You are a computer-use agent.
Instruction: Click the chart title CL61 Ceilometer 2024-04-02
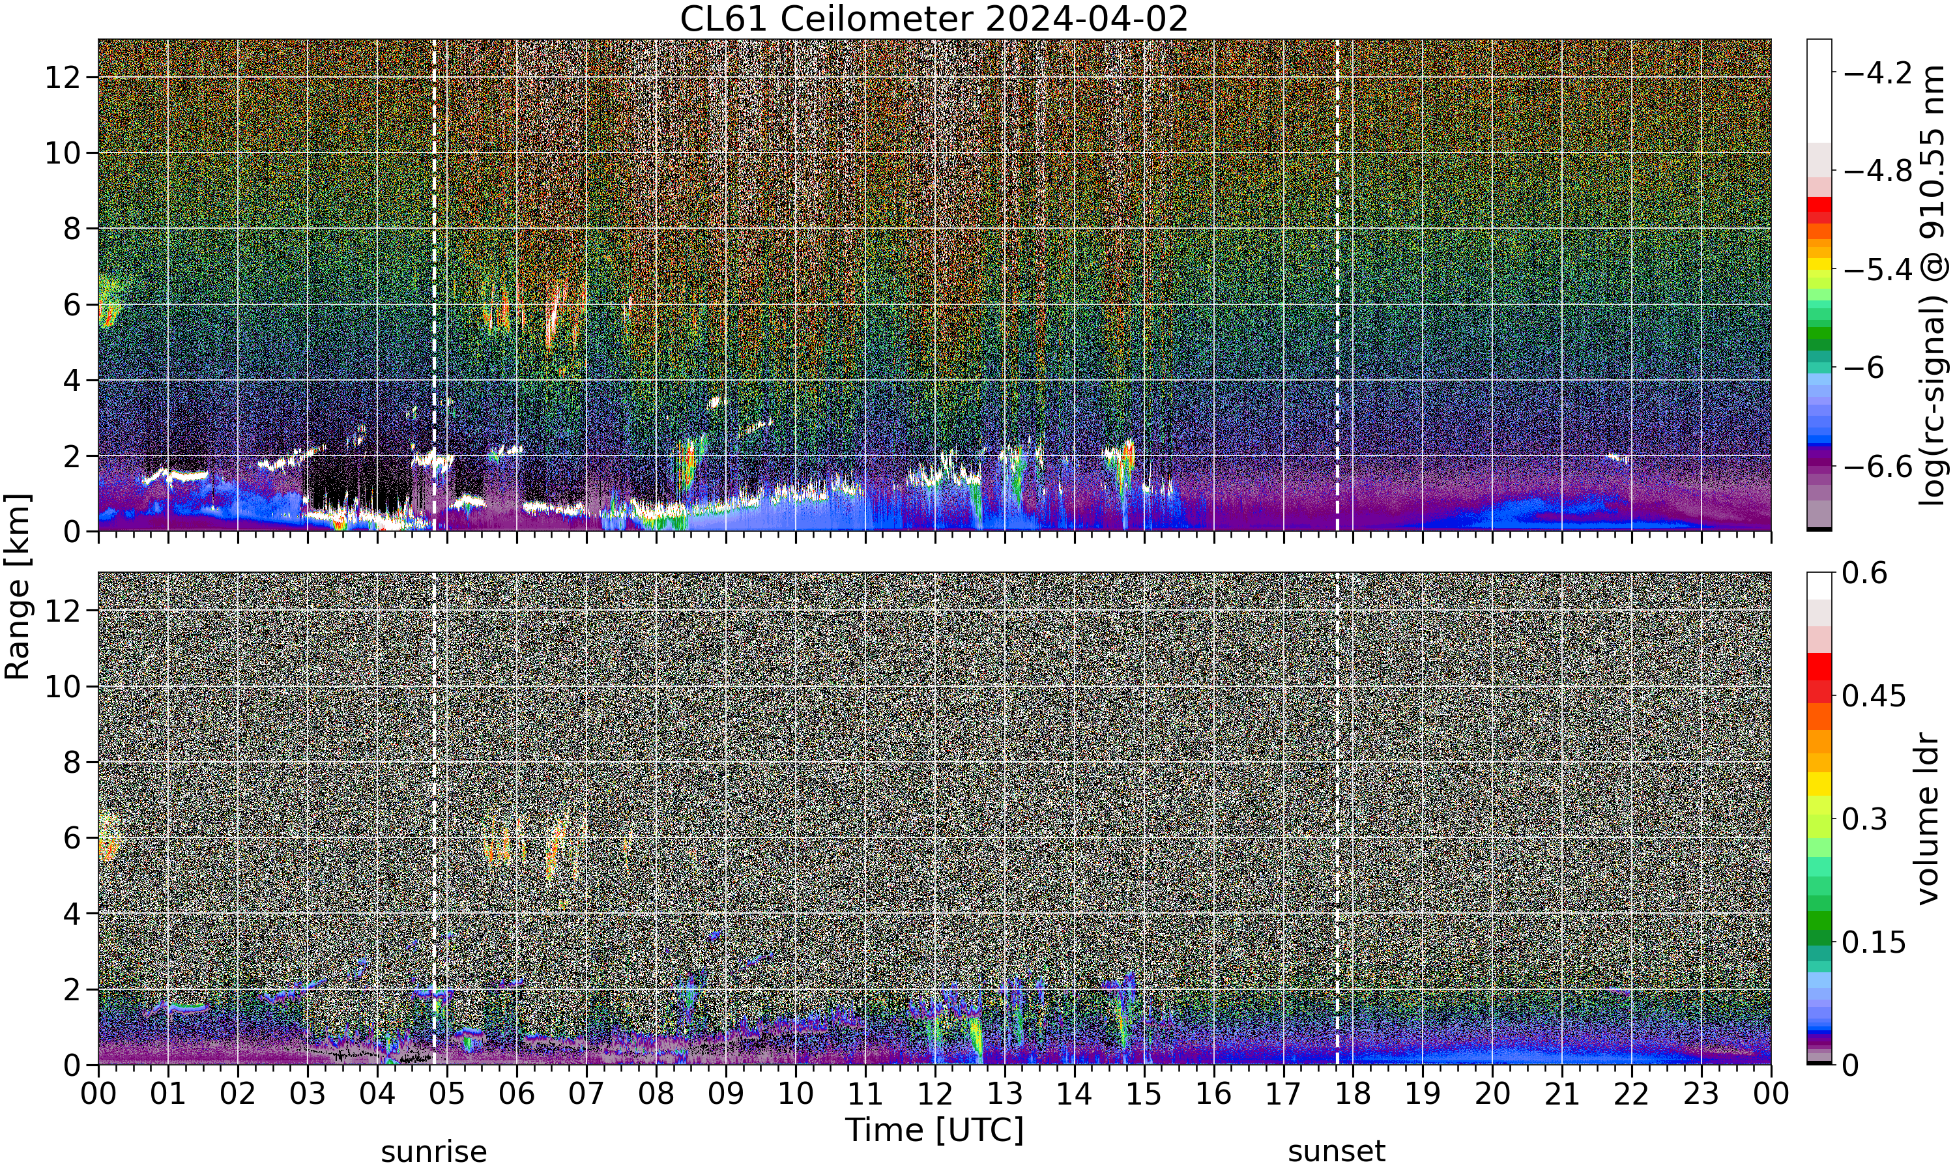click(x=934, y=19)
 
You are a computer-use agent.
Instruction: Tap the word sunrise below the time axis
click(x=434, y=1151)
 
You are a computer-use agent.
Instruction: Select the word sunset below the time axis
click(x=1337, y=1151)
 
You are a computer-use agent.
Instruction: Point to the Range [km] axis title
click(x=18, y=586)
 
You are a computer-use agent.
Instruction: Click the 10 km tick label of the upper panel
click(x=63, y=152)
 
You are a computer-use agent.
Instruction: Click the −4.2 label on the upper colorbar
click(x=1877, y=73)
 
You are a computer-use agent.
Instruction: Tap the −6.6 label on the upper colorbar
click(x=1877, y=467)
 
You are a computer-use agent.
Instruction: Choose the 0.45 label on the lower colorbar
click(x=1874, y=695)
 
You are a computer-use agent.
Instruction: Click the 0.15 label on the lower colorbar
click(x=1874, y=942)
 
